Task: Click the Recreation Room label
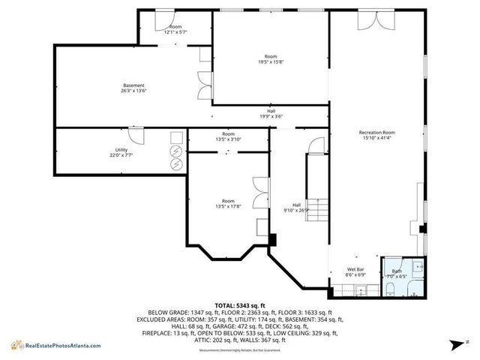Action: (378, 133)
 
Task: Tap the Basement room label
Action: (134, 85)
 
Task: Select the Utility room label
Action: (121, 150)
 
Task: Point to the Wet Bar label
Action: (355, 269)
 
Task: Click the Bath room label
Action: (397, 271)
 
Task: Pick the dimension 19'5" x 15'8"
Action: (271, 63)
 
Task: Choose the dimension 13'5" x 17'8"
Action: (228, 206)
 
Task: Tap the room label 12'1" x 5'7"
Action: (175, 31)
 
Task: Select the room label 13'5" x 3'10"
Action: (228, 139)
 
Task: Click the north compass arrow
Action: (455, 344)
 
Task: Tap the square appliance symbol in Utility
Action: (177, 137)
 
